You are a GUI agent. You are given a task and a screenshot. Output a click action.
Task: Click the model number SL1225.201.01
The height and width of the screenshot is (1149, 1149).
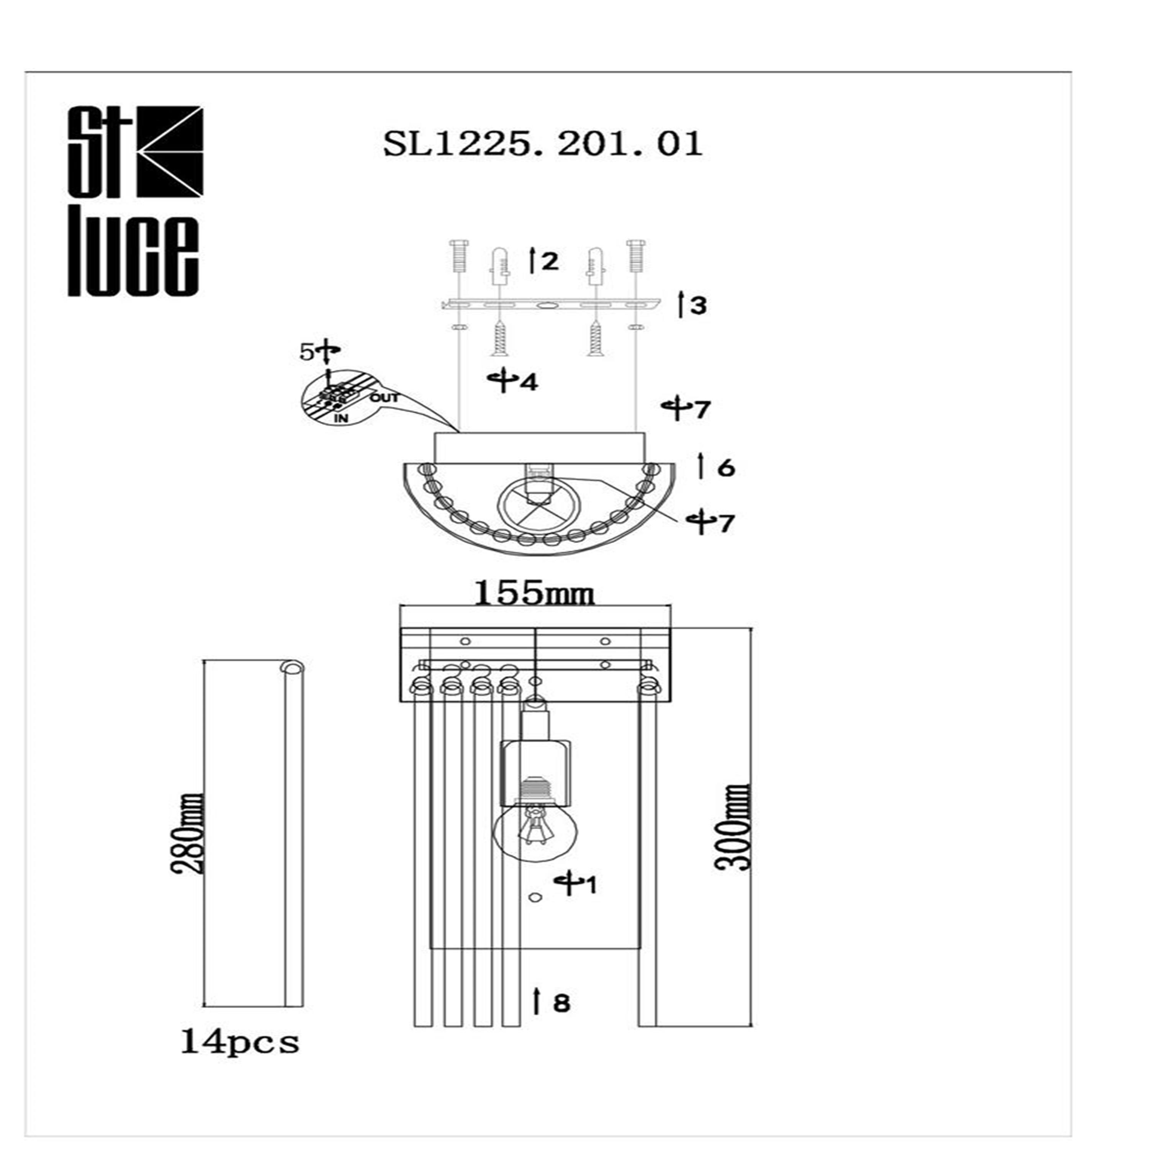[x=542, y=144]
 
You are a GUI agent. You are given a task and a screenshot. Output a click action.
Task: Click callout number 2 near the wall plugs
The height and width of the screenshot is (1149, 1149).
[x=550, y=261]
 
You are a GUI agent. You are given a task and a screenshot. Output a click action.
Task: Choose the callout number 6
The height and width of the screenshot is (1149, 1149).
[x=725, y=468]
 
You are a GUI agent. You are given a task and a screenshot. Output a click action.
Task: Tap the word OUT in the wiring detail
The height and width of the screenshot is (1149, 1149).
[x=384, y=397]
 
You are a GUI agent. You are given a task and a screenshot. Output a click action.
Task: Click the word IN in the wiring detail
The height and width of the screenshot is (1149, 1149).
[x=341, y=419]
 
